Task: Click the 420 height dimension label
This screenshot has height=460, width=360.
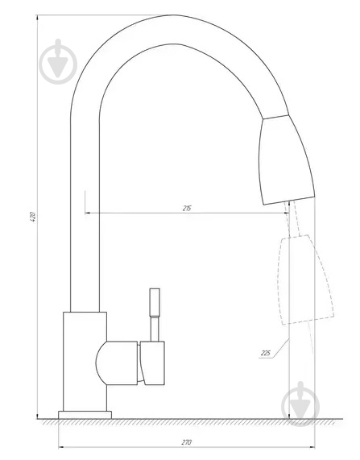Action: [33, 217]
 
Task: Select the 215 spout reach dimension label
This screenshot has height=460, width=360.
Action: [187, 209]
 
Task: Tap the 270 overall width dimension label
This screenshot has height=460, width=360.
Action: [187, 442]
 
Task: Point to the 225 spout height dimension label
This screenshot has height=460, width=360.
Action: [266, 353]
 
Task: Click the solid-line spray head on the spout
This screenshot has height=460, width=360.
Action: [286, 160]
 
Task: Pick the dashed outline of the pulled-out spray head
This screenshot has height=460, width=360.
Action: [305, 280]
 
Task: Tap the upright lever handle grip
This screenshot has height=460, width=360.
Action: [155, 302]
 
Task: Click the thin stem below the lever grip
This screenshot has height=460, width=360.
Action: [155, 329]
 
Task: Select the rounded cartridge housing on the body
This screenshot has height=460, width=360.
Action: [117, 363]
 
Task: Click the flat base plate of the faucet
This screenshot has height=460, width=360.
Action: [85, 415]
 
